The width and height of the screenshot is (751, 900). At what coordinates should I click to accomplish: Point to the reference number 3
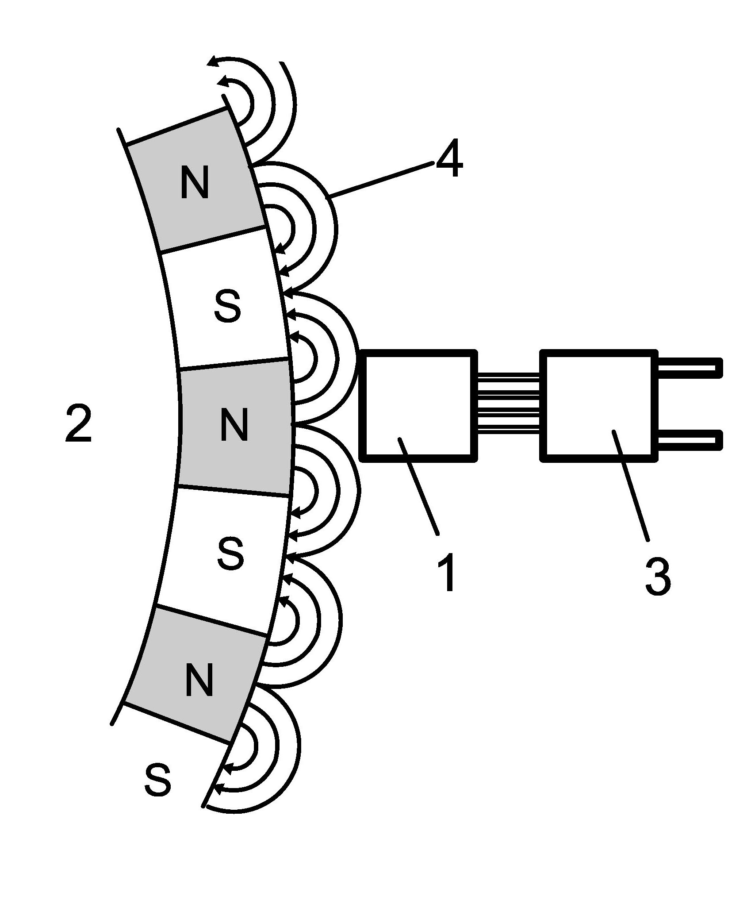pyautogui.click(x=658, y=574)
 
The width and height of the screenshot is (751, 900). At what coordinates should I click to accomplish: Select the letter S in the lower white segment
pyautogui.click(x=230, y=554)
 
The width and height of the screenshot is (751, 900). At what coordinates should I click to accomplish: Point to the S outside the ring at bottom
pyautogui.click(x=158, y=781)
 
